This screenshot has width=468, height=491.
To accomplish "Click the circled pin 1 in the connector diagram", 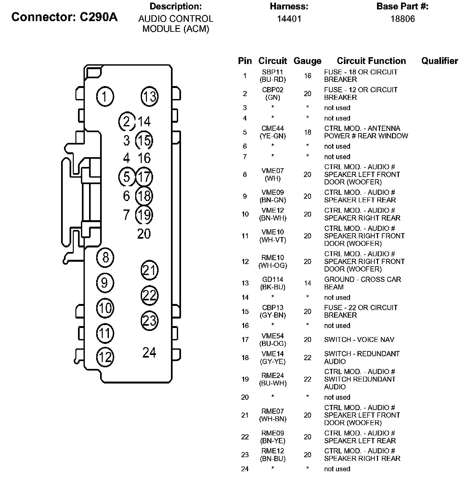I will point(105,96).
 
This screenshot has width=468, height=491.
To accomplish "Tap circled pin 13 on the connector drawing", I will point(149,96).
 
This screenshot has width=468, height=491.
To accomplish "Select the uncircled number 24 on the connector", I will point(149,352).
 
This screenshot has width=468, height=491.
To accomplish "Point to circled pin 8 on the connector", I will point(105,258).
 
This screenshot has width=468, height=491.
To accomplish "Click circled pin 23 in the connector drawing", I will point(149,321).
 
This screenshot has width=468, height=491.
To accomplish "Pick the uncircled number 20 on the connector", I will point(144,234).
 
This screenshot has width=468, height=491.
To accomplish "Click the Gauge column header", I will point(307,61).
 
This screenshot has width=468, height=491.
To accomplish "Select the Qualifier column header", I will point(439,61).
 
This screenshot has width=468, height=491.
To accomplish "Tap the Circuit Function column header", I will point(371,61).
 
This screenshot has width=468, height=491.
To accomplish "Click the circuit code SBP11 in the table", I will point(273,72).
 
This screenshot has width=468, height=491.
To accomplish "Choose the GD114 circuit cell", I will point(273,279).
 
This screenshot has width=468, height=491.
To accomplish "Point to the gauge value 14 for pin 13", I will point(307,283).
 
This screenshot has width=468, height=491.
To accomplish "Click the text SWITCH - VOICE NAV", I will point(359,340).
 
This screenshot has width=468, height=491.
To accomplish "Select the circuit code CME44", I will point(273,129).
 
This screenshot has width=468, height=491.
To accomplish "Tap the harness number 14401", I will point(289,19).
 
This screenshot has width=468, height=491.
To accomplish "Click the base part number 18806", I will point(402,19).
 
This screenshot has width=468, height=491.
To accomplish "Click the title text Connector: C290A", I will point(64,17).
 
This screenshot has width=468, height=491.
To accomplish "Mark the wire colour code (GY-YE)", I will point(273,361).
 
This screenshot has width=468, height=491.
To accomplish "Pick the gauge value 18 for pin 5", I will point(307,132).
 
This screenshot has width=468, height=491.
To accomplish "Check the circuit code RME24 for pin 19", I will point(273,375).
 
